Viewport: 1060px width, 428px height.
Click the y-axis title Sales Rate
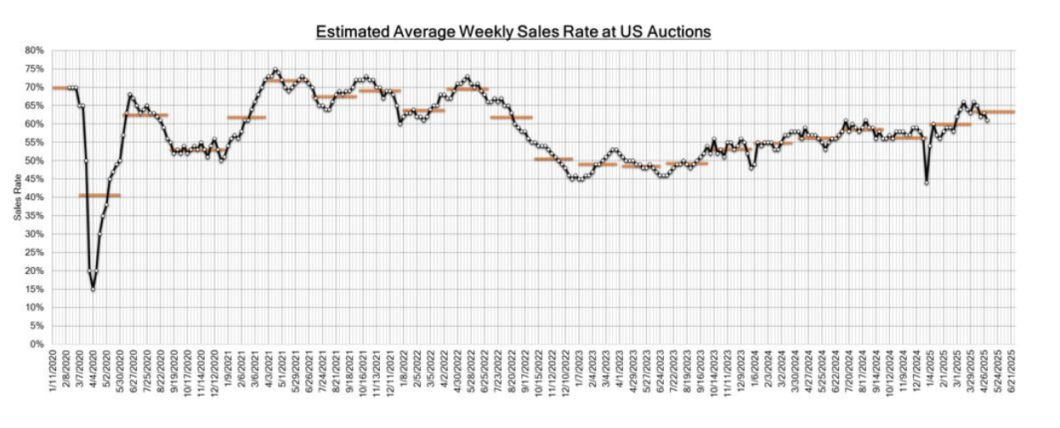pos(18,197)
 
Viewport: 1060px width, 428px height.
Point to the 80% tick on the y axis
pos(33,50)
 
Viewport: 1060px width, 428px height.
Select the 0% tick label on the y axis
pos(36,345)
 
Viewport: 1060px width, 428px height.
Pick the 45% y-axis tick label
pos(33,179)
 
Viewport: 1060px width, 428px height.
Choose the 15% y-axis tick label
pos(33,289)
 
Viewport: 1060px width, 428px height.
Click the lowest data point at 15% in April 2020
pos(93,289)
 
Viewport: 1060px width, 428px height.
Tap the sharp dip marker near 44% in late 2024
pos(927,183)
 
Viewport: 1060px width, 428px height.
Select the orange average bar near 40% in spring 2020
pos(99,195)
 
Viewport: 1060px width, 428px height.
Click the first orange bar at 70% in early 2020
pos(65,88)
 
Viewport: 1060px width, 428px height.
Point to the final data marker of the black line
pos(987,120)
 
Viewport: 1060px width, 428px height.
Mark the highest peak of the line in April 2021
pos(275,70)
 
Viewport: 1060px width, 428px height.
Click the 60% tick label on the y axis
pos(33,123)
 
